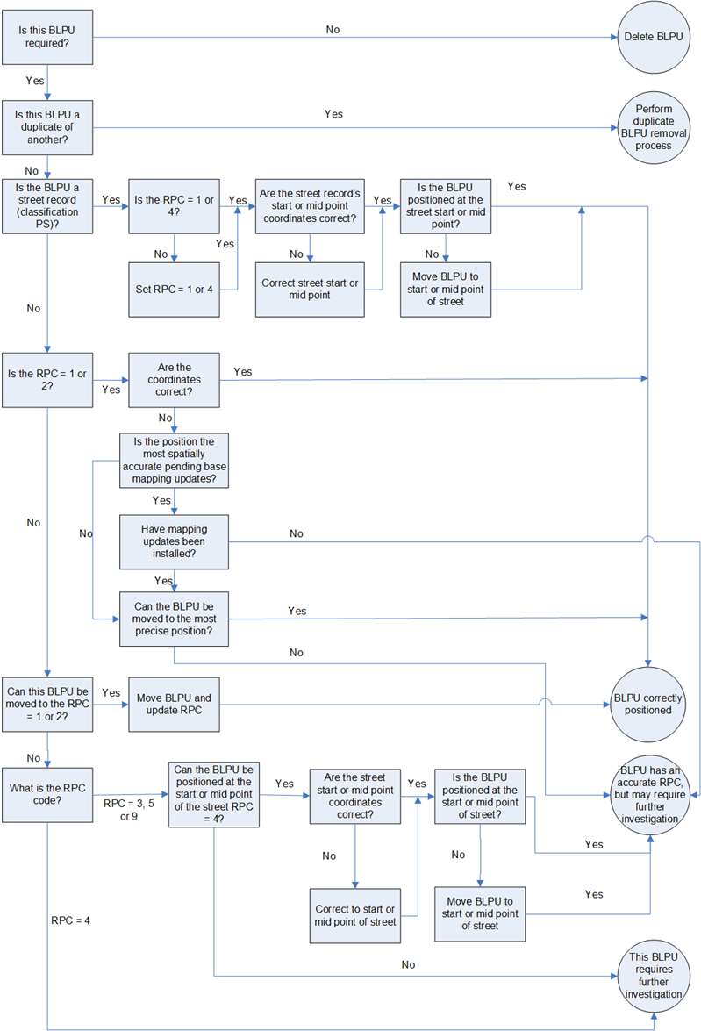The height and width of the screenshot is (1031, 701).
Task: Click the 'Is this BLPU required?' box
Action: [x=47, y=37]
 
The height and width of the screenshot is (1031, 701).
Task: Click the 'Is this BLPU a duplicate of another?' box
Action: [x=47, y=127]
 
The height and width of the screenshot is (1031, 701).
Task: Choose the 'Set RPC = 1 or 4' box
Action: [x=174, y=289]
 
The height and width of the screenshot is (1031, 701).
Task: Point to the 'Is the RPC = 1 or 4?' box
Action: [x=174, y=207]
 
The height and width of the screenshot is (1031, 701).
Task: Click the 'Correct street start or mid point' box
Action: [x=310, y=289]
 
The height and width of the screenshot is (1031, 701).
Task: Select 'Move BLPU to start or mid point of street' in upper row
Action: [x=446, y=289]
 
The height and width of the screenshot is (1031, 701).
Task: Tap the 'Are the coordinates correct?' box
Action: [x=174, y=381]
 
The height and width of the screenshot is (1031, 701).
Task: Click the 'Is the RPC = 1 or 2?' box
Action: [x=47, y=381]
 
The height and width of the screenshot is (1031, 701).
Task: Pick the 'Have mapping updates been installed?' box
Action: [x=174, y=541]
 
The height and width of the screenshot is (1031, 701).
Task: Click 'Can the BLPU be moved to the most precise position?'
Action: [x=174, y=619]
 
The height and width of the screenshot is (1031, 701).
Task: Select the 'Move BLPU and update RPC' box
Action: [x=174, y=704]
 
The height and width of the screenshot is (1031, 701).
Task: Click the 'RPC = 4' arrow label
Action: [x=70, y=920]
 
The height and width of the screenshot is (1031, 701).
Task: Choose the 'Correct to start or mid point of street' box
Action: [x=355, y=914]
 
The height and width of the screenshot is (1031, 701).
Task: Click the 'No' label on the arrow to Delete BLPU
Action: [x=333, y=29]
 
